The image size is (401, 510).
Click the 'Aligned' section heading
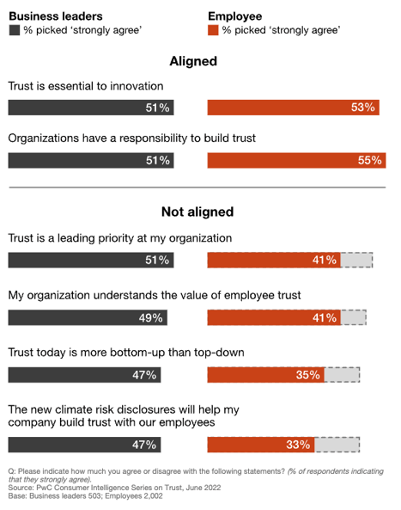193,61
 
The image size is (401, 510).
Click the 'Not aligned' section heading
197,212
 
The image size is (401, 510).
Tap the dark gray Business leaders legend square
13,29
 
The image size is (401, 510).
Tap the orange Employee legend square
213,29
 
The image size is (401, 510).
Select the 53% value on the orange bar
363,108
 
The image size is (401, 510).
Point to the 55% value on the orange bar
370,160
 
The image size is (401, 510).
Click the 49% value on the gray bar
150,317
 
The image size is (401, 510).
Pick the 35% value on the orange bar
307,375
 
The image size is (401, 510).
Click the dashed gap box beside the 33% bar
337,445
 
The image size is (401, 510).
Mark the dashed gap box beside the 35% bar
341,375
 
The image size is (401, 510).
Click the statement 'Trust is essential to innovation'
86,86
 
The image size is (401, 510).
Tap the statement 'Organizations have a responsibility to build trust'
131,138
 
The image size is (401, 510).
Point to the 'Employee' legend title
235,15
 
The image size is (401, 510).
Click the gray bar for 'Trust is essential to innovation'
90,108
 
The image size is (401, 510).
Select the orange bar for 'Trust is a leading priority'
274,260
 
